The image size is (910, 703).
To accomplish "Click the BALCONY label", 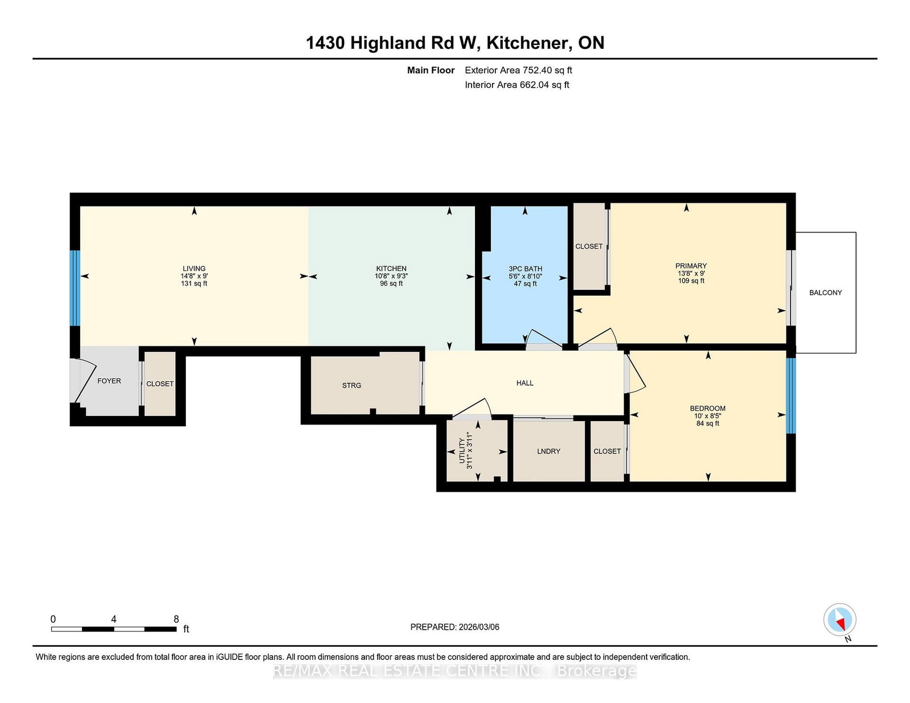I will [x=825, y=293].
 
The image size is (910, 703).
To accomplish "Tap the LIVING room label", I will [x=194, y=268].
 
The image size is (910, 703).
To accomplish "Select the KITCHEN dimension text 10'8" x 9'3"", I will [x=391, y=276].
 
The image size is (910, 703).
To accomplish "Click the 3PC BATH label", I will [x=525, y=269].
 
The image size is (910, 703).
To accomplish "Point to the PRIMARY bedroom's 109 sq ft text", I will [x=691, y=281].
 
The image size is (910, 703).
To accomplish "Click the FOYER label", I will [x=109, y=381].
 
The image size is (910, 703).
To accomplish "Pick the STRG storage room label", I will [x=351, y=385].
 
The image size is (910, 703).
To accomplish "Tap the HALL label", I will [x=524, y=383].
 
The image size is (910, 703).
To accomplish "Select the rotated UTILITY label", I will [x=462, y=451].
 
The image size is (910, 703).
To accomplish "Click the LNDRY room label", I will [x=548, y=451].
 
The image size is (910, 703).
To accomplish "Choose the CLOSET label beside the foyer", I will [x=160, y=384].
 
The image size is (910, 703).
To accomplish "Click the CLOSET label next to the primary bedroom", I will [x=589, y=246].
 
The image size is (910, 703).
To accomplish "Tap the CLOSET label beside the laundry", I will [x=607, y=451].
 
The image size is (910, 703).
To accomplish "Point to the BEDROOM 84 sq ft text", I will [x=708, y=423].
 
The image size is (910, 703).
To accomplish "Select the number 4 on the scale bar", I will [x=114, y=619].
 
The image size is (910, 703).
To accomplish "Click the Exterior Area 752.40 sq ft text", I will [x=518, y=70].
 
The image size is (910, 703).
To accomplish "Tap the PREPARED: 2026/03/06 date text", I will [x=454, y=627].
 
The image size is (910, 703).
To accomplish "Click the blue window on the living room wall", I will [x=75, y=288].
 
